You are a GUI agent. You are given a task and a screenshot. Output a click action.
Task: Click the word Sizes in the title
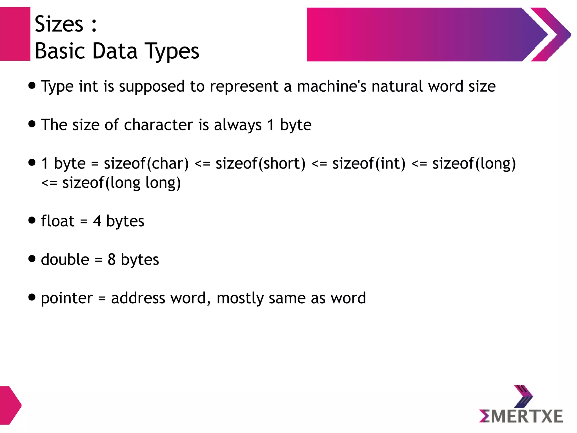coord(59,24)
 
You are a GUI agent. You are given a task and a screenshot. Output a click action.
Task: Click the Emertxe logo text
coord(521,416)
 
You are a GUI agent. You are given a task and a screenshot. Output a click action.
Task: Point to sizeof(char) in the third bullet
coord(146,164)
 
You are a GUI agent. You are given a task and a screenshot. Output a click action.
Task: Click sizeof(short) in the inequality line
coord(261,164)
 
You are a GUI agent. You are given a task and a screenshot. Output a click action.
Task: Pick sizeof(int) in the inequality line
coord(369,164)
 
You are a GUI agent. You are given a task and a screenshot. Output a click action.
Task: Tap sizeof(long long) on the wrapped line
coord(121,183)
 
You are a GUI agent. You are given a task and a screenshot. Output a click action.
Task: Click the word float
coord(57,221)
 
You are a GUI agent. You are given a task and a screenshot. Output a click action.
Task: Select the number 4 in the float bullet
coord(97,221)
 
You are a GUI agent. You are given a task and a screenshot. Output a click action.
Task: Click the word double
coord(65,259)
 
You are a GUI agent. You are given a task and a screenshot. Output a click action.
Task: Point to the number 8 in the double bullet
coord(112,259)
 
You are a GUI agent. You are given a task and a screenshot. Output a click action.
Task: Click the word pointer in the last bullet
coord(67,298)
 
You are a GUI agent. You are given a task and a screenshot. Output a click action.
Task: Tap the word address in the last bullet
coord(138,298)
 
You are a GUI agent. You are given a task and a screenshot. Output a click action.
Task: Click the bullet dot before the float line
coord(32,220)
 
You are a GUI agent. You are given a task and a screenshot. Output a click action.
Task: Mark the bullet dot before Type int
coord(32,85)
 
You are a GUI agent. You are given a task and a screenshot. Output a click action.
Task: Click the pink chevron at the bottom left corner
coord(10,405)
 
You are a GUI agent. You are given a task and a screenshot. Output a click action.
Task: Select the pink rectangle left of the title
coord(15,34)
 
